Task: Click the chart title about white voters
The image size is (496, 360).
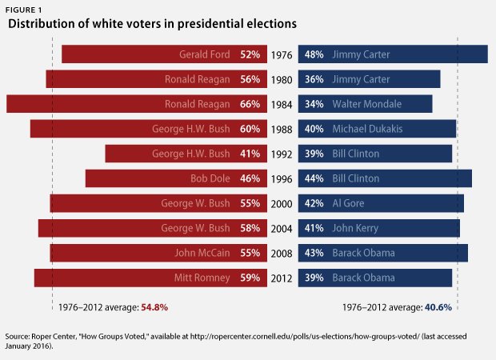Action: [x=152, y=25]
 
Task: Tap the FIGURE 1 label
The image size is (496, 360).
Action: [x=26, y=8]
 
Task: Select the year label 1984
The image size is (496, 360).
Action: [x=281, y=104]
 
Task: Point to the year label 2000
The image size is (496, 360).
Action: [x=281, y=203]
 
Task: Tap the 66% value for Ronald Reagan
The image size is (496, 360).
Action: [x=250, y=104]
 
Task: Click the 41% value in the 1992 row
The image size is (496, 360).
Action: [x=250, y=154]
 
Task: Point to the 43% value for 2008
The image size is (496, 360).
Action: [x=314, y=253]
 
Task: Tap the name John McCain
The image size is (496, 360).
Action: [x=202, y=253]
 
